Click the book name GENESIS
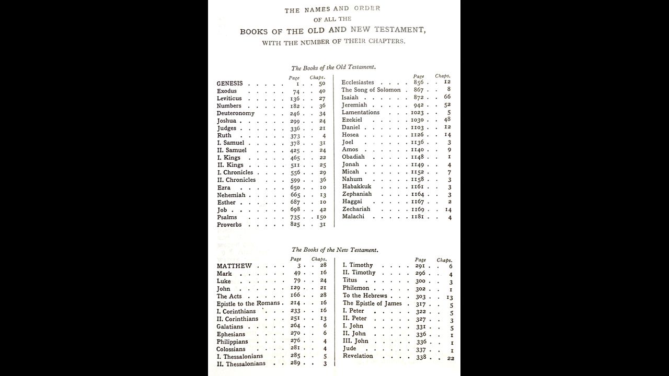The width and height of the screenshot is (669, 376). tap(229, 84)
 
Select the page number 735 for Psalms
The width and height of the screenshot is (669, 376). tap(295, 217)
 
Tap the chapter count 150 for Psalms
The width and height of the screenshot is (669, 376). tap(320, 217)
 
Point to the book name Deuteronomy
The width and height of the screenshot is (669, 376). tap(235, 113)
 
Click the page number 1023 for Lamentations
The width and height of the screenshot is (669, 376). tap(419, 112)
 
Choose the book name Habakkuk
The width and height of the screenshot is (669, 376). tap(356, 186)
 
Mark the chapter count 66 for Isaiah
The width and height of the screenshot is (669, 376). tap(447, 97)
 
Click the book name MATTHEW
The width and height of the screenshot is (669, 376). tap(234, 266)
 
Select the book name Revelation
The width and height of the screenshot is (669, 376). tap(358, 356)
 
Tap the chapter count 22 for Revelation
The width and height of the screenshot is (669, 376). tap(451, 358)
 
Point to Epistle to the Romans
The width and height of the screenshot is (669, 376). tap(248, 303)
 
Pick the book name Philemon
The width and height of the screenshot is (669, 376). tap(356, 288)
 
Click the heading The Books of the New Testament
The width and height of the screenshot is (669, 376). tap(334, 250)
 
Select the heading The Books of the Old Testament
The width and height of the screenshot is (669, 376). tap(333, 67)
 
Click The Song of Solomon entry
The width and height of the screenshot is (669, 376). tap(371, 90)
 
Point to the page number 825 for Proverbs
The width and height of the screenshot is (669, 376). tap(295, 225)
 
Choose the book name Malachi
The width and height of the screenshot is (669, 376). tap(354, 216)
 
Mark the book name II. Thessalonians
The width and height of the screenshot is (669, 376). tap(241, 363)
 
